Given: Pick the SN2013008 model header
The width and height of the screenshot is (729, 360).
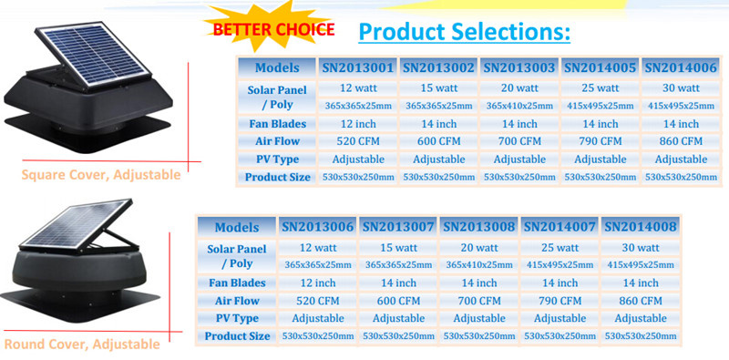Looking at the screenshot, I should coord(478,226).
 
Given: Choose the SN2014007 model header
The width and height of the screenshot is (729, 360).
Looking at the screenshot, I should coord(560,226).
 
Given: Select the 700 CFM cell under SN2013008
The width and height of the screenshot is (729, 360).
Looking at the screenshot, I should coord(478,300).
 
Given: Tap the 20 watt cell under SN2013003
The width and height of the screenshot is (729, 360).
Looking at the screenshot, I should coord(519,88).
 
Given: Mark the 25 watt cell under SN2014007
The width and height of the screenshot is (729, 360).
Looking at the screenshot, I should coord(560,248).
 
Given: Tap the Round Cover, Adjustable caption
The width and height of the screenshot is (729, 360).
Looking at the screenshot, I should coord(82,345).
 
